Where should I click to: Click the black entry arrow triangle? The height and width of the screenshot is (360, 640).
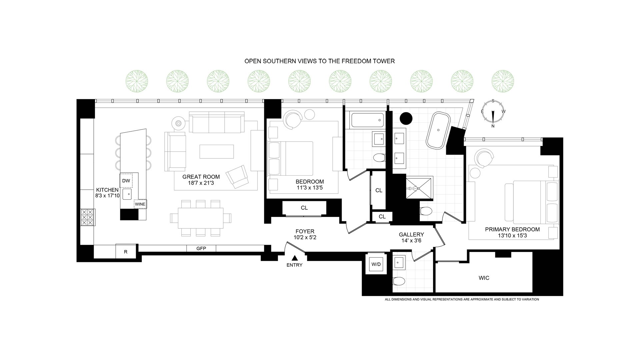(x=295, y=258)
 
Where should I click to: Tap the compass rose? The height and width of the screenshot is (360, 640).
(x=493, y=113)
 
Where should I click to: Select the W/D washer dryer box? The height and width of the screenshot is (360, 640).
(x=376, y=264)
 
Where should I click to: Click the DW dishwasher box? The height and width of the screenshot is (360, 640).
(x=126, y=181)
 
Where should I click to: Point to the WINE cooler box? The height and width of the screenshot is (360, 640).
(x=140, y=204)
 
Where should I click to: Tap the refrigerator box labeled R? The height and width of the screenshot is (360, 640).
(x=126, y=252)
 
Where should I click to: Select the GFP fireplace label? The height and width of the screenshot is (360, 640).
(x=201, y=248)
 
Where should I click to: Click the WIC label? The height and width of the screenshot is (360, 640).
(x=484, y=278)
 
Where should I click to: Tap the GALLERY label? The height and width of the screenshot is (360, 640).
(x=411, y=235)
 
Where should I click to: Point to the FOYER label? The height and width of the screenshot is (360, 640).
(x=305, y=231)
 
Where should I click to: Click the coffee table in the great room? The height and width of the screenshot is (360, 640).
(x=217, y=151)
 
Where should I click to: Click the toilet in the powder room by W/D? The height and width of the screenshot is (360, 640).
(x=398, y=281)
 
